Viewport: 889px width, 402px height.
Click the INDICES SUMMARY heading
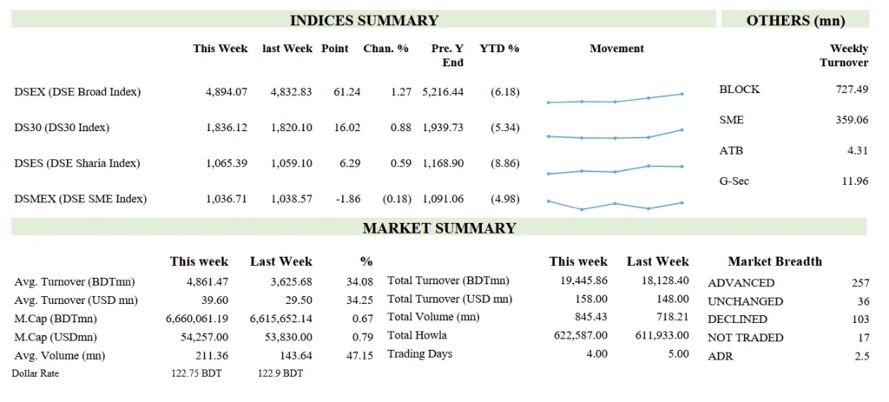[364, 21]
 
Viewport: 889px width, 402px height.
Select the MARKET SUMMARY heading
[438, 228]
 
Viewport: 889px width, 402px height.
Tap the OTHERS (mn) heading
[795, 21]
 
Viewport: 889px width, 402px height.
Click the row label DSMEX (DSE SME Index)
[81, 199]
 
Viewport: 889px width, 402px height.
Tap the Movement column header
[616, 49]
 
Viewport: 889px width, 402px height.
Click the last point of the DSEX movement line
[682, 94]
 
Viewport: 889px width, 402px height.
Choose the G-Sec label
[734, 181]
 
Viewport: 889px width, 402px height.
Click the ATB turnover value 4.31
[856, 150]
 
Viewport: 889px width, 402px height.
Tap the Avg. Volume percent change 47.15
[360, 354]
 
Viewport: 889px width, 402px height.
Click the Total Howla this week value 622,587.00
[576, 335]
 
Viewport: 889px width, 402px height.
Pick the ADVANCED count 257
[859, 284]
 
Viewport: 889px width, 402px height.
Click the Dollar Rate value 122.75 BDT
[195, 372]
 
